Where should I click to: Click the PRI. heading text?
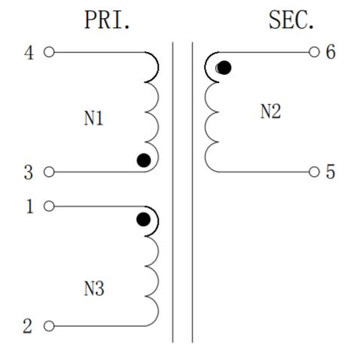point(107,20)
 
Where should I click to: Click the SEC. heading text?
point(291,20)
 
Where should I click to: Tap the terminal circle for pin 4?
point(49,52)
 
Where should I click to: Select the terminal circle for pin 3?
point(49,172)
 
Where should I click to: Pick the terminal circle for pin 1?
point(49,206)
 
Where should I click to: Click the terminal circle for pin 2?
point(49,326)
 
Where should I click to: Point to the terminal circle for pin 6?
point(314,52)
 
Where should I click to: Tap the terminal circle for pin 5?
point(314,172)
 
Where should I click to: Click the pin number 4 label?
point(29,53)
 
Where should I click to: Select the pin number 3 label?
point(29,172)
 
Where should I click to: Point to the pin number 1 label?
point(30,206)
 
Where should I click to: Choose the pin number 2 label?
point(28,326)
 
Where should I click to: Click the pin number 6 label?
point(330,52)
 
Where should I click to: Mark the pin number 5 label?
point(330,172)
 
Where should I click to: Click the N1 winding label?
point(93,118)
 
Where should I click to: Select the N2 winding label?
point(271,111)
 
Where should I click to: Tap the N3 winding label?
point(94,288)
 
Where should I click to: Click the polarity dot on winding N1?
point(144,160)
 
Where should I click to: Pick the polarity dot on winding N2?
point(224,68)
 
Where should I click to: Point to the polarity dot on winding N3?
point(144,219)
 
